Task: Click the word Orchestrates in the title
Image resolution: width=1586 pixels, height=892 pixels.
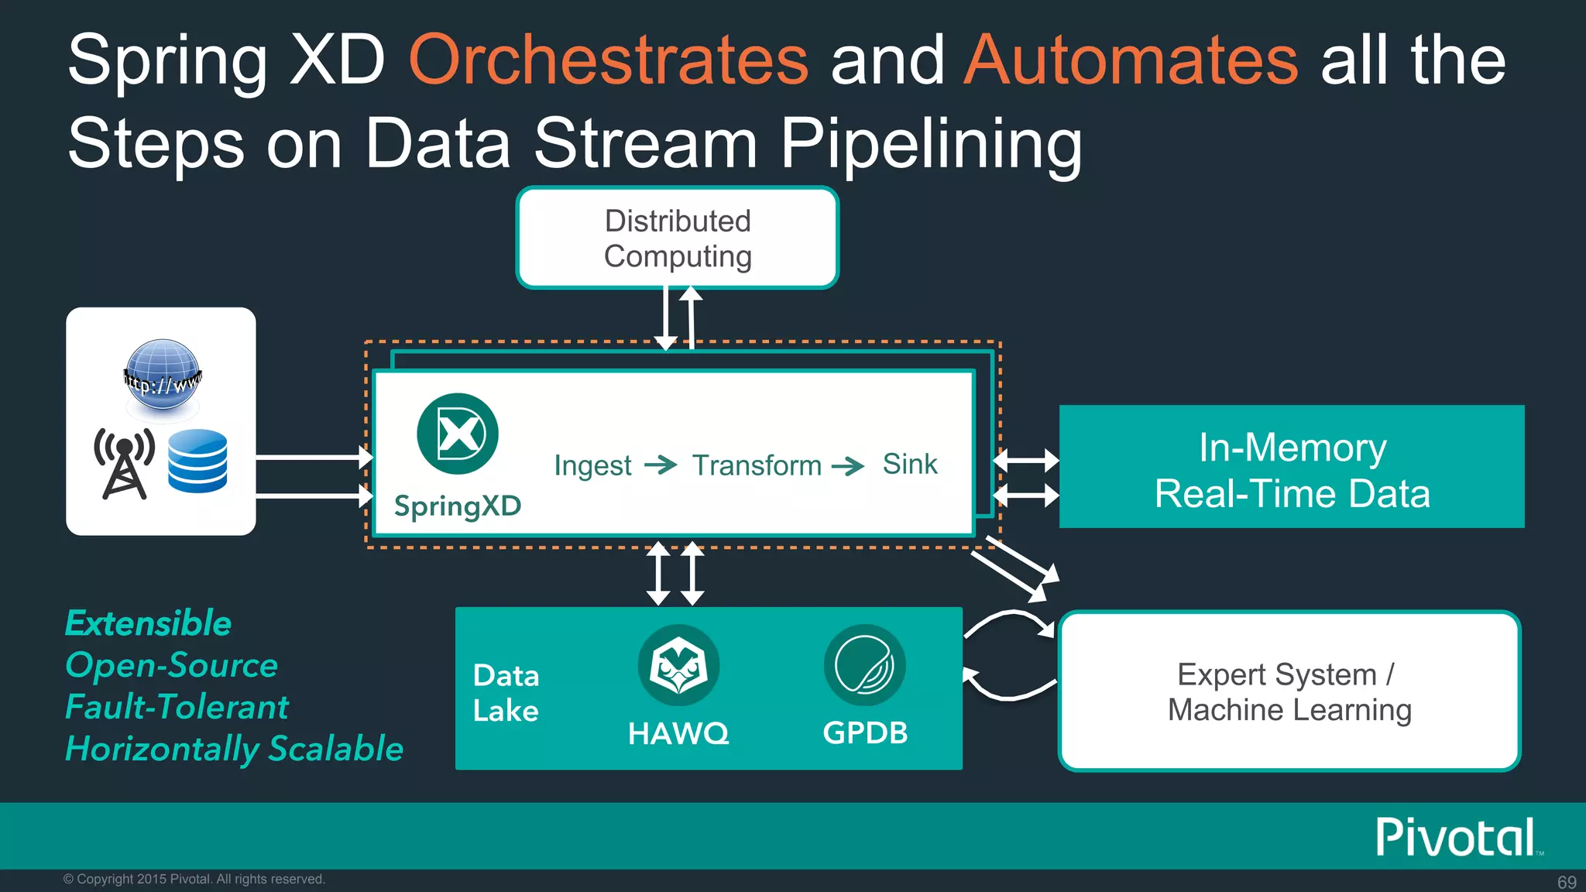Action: pyautogui.click(x=609, y=60)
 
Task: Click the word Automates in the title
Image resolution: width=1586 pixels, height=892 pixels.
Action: pyautogui.click(x=1131, y=60)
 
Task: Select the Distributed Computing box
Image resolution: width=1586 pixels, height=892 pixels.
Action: pyautogui.click(x=678, y=238)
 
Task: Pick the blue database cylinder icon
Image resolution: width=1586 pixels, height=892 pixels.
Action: pyautogui.click(x=197, y=461)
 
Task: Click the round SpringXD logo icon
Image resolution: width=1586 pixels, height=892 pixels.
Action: pyautogui.click(x=458, y=434)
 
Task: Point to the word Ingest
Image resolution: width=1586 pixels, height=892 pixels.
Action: pyautogui.click(x=592, y=465)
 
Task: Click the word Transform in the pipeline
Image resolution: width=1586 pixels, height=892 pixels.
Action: pyautogui.click(x=757, y=465)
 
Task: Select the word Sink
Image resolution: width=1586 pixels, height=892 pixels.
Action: pyautogui.click(x=910, y=464)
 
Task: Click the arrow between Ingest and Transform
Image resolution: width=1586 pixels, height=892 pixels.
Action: pyautogui.click(x=661, y=465)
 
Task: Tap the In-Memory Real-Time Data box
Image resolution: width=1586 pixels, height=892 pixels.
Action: pyautogui.click(x=1291, y=467)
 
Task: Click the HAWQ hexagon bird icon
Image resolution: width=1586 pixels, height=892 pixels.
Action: pyautogui.click(x=678, y=665)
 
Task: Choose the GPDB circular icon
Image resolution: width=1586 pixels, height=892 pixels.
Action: pyautogui.click(x=864, y=665)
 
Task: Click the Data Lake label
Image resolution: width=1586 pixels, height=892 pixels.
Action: pyautogui.click(x=506, y=693)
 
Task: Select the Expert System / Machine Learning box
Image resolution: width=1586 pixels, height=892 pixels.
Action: pyautogui.click(x=1289, y=691)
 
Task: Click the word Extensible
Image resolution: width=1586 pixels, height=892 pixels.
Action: pyautogui.click(x=148, y=623)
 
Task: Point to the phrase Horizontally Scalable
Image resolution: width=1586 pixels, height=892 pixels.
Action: pyautogui.click(x=234, y=749)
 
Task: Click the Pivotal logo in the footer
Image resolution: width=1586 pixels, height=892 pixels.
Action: pyautogui.click(x=1456, y=837)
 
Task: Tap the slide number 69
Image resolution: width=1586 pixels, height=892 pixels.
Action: pyautogui.click(x=1567, y=882)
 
